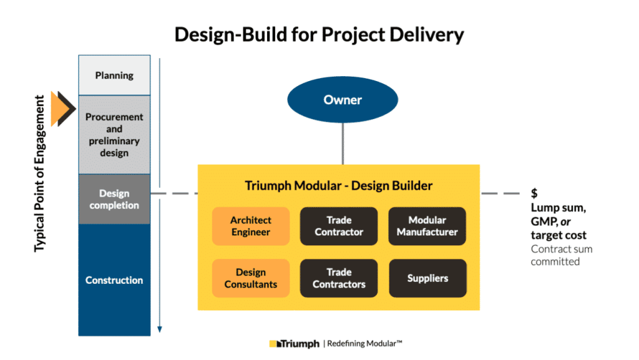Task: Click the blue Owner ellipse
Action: pyautogui.click(x=343, y=100)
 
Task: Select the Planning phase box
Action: pyautogui.click(x=114, y=75)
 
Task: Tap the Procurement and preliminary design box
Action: pyautogui.click(x=114, y=135)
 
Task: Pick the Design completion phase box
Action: pyautogui.click(x=114, y=199)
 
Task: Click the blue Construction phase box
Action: pyautogui.click(x=114, y=280)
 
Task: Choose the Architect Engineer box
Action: pyautogui.click(x=250, y=226)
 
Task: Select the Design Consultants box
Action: pyautogui.click(x=250, y=278)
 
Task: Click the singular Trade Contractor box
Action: pyautogui.click(x=339, y=226)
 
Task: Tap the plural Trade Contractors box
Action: pyautogui.click(x=339, y=278)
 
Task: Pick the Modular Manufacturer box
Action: pyautogui.click(x=427, y=226)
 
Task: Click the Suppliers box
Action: pyautogui.click(x=427, y=278)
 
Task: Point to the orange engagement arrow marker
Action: pyautogui.click(x=61, y=109)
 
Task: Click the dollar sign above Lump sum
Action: pyautogui.click(x=534, y=194)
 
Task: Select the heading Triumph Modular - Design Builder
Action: pyautogui.click(x=339, y=185)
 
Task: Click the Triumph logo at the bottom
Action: pyautogui.click(x=295, y=344)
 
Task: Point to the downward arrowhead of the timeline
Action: pyautogui.click(x=160, y=329)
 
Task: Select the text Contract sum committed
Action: pyautogui.click(x=561, y=255)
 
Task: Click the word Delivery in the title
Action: pyautogui.click(x=425, y=34)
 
